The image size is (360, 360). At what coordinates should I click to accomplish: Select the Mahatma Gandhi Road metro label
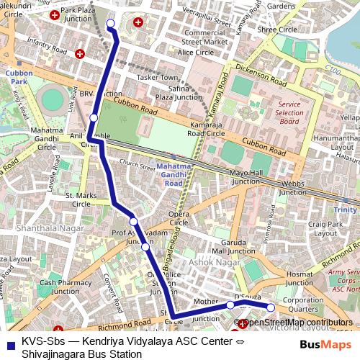tap(174, 174)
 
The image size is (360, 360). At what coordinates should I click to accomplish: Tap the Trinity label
tap(344, 210)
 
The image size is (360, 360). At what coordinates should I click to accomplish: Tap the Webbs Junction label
tap(292, 187)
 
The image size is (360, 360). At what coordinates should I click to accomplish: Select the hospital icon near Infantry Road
tap(80, 54)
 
